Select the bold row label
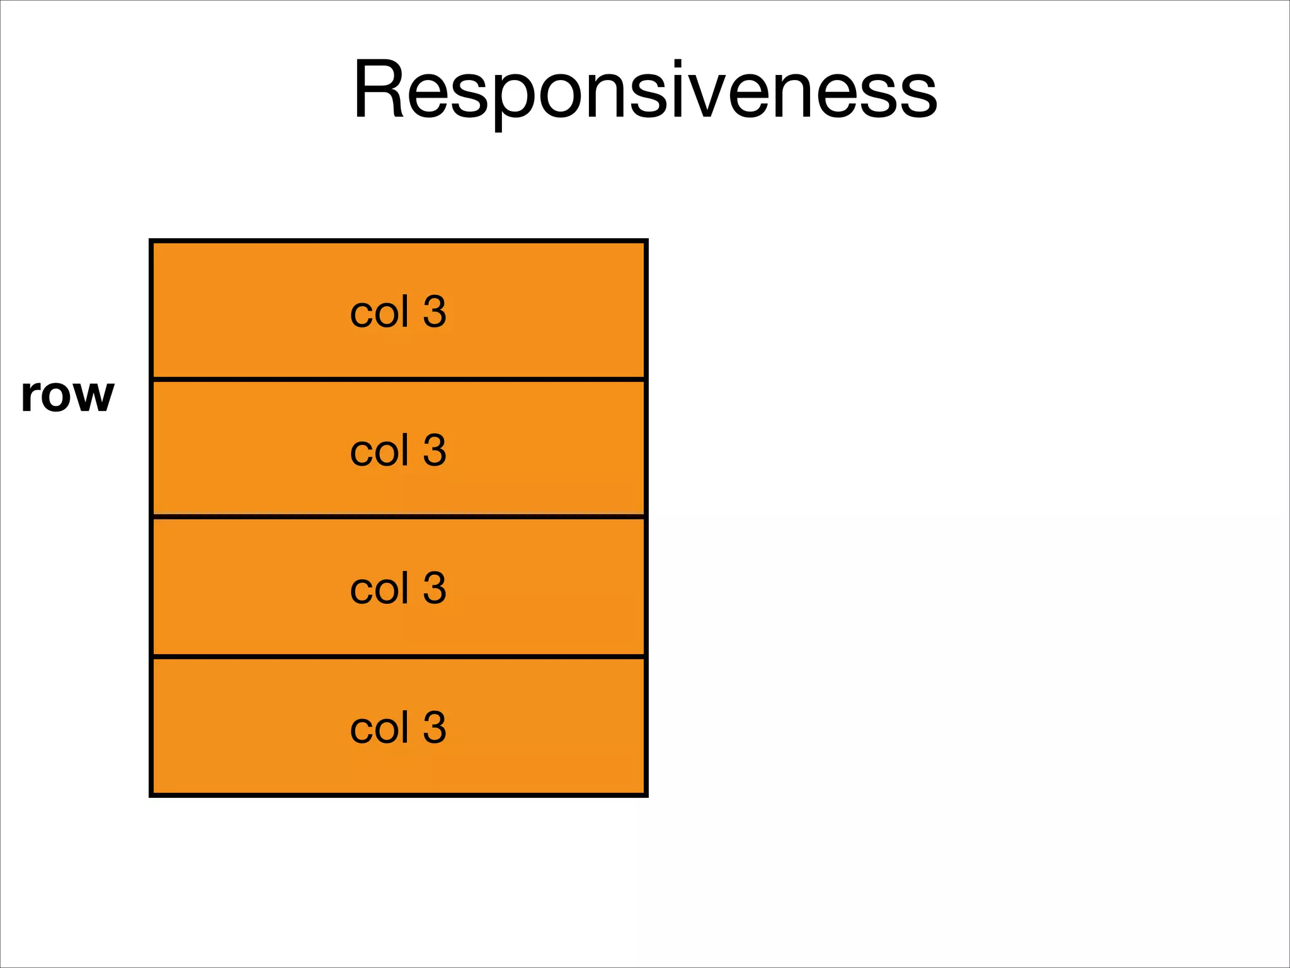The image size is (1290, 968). click(x=67, y=395)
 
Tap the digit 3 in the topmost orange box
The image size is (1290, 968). click(x=435, y=311)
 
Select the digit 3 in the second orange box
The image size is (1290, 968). click(x=435, y=450)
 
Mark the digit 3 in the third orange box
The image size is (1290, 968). click(x=435, y=588)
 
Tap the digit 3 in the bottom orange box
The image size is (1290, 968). click(x=435, y=727)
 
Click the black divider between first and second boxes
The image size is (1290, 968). click(x=399, y=379)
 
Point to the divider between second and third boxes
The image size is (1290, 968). click(x=399, y=517)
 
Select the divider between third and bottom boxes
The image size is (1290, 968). click(x=399, y=657)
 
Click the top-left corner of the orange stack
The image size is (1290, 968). click(x=152, y=241)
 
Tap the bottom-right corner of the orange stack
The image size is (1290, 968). click(x=646, y=795)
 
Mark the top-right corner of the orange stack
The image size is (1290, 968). click(x=646, y=241)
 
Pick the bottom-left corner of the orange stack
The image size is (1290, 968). click(x=152, y=795)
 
